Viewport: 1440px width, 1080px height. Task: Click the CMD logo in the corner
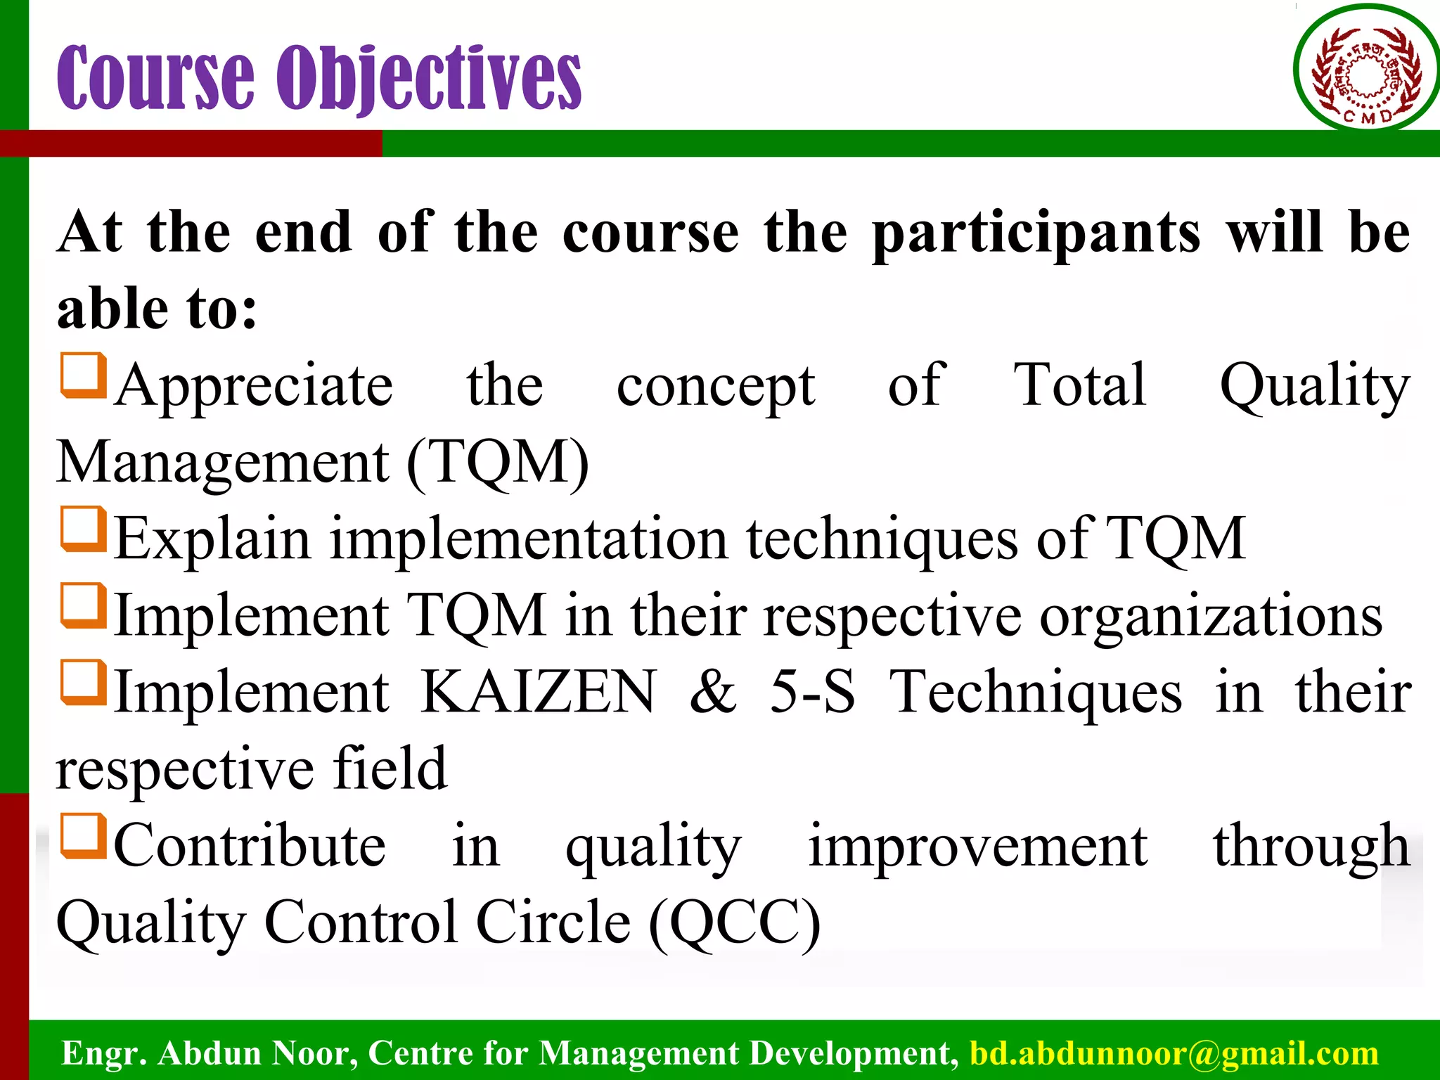coord(1366,69)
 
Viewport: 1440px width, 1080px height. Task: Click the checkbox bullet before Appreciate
coord(84,376)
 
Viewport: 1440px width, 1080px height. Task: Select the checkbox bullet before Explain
coord(84,529)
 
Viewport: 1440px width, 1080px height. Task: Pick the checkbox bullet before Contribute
coord(84,837)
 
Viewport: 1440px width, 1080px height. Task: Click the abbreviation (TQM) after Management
coord(498,463)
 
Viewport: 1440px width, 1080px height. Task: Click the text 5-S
coord(812,692)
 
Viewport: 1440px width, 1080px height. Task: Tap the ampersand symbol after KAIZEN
coord(713,692)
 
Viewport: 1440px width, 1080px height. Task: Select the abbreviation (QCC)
coord(734,922)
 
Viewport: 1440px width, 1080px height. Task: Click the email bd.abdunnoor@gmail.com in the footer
coord(1174,1053)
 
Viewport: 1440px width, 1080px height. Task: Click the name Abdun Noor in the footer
coord(253,1053)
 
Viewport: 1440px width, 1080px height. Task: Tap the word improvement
coord(977,846)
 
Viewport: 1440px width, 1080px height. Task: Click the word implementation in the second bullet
coord(529,539)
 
